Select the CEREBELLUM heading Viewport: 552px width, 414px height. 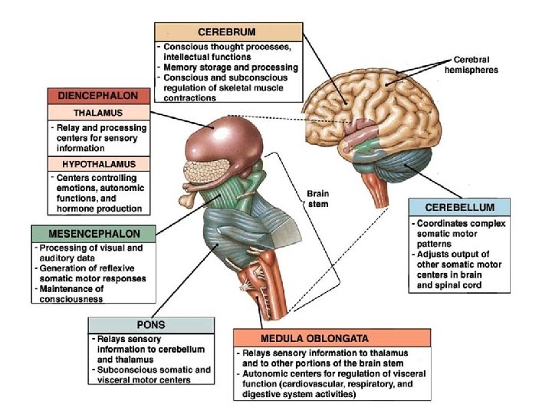tap(458, 208)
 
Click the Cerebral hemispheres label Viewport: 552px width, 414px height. tap(476, 64)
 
